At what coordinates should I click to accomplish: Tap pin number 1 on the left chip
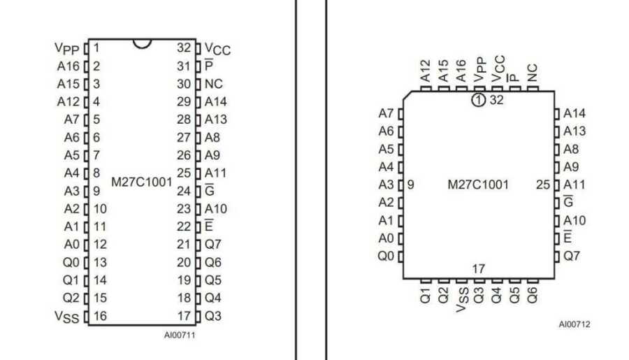[96, 48]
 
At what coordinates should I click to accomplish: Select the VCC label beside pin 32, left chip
[217, 49]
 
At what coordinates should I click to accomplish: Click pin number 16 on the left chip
[100, 316]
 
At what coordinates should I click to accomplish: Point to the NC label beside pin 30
[213, 84]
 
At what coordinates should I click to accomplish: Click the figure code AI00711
[180, 335]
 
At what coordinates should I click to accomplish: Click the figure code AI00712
[574, 324]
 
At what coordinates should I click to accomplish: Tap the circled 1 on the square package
[478, 100]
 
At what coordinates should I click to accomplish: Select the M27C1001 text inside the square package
[478, 185]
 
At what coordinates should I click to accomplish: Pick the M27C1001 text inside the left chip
[142, 182]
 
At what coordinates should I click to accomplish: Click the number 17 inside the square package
[479, 269]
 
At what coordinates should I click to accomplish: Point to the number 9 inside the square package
[410, 185]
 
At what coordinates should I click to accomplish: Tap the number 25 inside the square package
[543, 185]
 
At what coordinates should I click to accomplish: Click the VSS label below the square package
[462, 299]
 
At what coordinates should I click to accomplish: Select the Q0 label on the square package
[386, 256]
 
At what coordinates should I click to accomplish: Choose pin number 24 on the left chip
[184, 191]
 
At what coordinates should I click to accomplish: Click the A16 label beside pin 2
[68, 66]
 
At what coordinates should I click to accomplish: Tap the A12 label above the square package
[426, 71]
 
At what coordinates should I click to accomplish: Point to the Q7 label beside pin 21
[213, 245]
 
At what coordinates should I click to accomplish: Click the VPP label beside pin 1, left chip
[66, 49]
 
